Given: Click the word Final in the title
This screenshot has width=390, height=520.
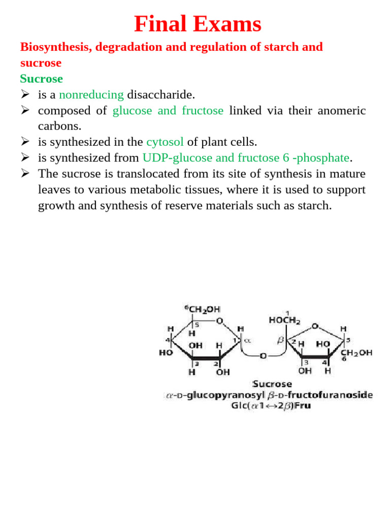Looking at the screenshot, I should tap(160, 24).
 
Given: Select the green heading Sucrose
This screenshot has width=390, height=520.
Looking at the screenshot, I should tap(42, 79).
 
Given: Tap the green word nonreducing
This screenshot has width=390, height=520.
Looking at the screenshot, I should tap(91, 94).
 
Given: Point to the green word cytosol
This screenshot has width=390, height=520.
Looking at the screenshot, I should tap(165, 142).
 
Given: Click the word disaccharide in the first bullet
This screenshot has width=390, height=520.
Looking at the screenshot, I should tap(161, 94).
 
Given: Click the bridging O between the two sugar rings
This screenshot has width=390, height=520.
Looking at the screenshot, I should tap(263, 356).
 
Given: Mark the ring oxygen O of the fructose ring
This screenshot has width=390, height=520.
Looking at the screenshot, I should tap(315, 326).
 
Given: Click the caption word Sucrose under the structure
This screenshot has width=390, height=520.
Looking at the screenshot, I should tap(272, 384).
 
